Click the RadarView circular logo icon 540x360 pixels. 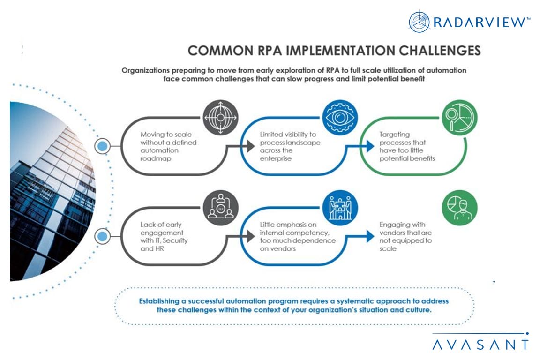click(419, 22)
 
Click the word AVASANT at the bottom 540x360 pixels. click(480, 345)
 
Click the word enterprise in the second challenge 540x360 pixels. click(276, 158)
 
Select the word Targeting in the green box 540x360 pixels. click(395, 135)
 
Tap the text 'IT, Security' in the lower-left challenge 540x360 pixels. click(159, 240)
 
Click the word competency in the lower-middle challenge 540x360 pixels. click(312, 233)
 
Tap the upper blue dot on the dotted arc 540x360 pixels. click(102, 147)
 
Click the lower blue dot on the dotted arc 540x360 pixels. click(102, 237)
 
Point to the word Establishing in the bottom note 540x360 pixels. click(162, 301)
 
